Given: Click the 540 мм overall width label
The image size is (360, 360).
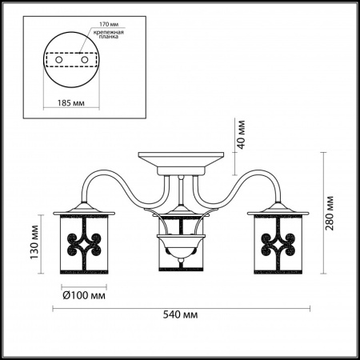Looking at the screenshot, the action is (x=181, y=314).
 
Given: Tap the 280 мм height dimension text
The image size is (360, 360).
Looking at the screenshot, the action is (x=330, y=214).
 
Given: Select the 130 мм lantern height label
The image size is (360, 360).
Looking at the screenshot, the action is (x=34, y=242).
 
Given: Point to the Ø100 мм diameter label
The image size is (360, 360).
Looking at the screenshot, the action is (x=84, y=295).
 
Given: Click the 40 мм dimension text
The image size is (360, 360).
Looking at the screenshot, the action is (x=241, y=134).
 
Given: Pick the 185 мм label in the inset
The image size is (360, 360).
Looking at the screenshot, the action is (x=71, y=103).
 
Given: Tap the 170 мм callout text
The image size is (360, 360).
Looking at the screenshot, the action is (x=109, y=24).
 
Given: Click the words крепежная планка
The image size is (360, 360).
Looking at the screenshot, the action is (x=109, y=34).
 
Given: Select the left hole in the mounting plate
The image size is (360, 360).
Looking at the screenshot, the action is (x=58, y=60).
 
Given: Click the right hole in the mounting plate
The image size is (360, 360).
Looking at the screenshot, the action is (x=85, y=60).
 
